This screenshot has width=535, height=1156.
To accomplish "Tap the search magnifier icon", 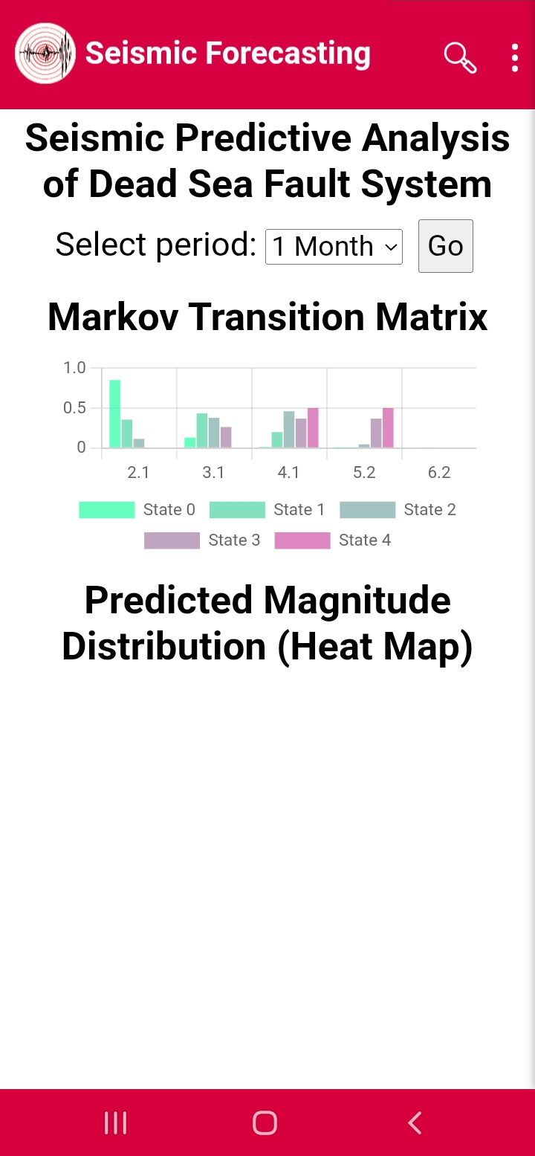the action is (x=460, y=58).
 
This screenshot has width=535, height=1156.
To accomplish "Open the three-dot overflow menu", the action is (x=514, y=58).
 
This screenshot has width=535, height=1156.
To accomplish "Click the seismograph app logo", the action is (x=45, y=54).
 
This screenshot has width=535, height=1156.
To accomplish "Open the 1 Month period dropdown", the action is (x=334, y=247).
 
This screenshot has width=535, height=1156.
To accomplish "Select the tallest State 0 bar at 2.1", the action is (x=115, y=413).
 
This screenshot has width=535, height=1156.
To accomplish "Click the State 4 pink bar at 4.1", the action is (x=313, y=427).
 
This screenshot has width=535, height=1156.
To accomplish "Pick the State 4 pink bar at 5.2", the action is (x=388, y=427).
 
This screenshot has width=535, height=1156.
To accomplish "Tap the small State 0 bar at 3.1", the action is (x=190, y=442).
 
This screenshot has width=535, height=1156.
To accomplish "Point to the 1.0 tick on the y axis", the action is (x=74, y=368).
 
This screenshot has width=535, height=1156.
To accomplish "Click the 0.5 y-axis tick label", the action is (x=74, y=407).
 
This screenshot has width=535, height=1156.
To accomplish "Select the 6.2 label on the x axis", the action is (x=439, y=472).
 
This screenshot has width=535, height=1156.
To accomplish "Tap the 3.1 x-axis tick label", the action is (x=213, y=472).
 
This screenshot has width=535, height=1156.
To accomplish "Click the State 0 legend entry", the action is (x=137, y=509).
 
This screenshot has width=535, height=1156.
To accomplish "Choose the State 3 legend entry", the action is (x=202, y=540).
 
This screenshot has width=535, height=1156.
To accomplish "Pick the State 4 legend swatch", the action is (x=302, y=540).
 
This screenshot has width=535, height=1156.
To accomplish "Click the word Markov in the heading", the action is (x=113, y=317).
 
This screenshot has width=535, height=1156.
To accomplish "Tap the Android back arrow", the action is (x=415, y=1123).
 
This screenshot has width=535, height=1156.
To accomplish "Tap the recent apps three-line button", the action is (x=116, y=1123).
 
